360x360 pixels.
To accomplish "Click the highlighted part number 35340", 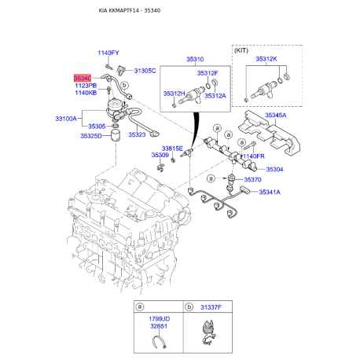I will (x=83, y=78).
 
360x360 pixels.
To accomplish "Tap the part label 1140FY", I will (x=108, y=53).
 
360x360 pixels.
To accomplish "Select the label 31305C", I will (x=145, y=71).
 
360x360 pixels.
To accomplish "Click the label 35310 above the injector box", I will (x=194, y=59).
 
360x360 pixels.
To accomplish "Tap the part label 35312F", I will (x=219, y=72).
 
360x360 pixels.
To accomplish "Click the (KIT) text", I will (x=244, y=49).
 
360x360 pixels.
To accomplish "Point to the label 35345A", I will (x=276, y=116).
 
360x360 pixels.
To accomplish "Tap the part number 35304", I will (x=275, y=169).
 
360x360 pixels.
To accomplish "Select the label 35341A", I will (x=275, y=191).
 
